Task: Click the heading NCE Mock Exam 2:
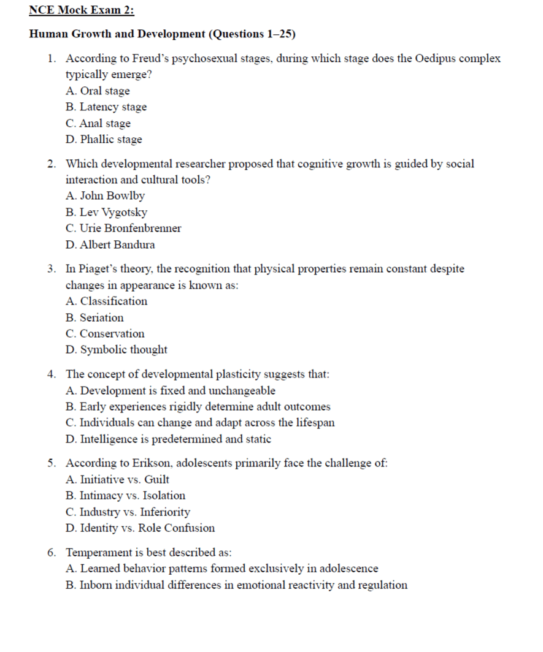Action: click(x=82, y=10)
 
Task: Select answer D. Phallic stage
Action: click(x=104, y=139)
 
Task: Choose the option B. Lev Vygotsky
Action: click(x=106, y=212)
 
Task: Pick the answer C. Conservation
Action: click(x=105, y=333)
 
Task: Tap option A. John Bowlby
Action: click(x=105, y=196)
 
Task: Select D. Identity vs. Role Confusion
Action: click(x=140, y=528)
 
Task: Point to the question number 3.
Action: click(x=52, y=269)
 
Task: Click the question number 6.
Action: click(x=52, y=553)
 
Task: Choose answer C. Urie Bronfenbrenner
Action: click(x=123, y=228)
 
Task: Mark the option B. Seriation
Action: click(x=94, y=317)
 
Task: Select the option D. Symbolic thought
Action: click(x=116, y=349)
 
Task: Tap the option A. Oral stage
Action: click(x=98, y=91)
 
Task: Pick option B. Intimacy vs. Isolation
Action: click(x=125, y=495)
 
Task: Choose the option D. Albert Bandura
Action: click(x=110, y=245)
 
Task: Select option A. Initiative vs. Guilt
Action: click(x=117, y=479)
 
